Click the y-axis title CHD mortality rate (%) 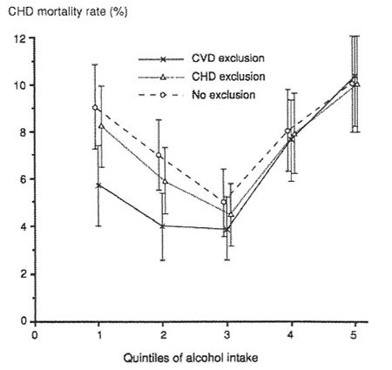pos(68,12)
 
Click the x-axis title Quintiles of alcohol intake pos(191,358)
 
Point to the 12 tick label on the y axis pos(20,38)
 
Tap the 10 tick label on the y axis pos(20,85)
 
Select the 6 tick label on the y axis pos(24,179)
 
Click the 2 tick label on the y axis pos(24,274)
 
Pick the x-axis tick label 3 pos(227,335)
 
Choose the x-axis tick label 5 pos(354,335)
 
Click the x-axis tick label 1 pos(99,335)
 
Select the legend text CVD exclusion pos(228,58)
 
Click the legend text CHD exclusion pos(228,77)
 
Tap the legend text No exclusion pos(224,95)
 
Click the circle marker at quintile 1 pos(95,108)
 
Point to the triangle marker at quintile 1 pos(101,126)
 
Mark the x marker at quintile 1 pos(98,185)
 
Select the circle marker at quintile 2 pos(159,155)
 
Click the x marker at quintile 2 pos(163,226)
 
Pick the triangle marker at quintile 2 pos(166,181)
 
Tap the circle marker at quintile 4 pos(287,131)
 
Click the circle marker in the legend pos(163,95)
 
